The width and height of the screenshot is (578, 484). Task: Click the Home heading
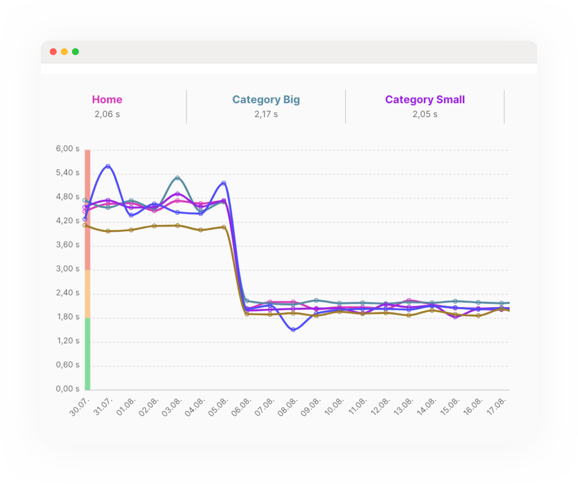pyautogui.click(x=107, y=100)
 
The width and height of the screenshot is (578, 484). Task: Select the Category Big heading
pyautogui.click(x=266, y=100)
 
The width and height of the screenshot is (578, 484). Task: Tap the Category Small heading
pyautogui.click(x=425, y=100)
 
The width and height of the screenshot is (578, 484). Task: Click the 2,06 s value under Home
pyautogui.click(x=107, y=114)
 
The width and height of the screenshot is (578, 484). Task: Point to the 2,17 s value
pyautogui.click(x=266, y=114)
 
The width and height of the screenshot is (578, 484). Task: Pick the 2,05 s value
pyautogui.click(x=425, y=114)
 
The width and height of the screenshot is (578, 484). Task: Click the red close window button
pyautogui.click(x=53, y=52)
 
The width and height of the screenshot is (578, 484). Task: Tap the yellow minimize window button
pyautogui.click(x=64, y=52)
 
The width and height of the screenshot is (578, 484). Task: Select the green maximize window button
pyautogui.click(x=75, y=52)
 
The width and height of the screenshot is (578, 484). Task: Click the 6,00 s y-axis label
pyautogui.click(x=68, y=149)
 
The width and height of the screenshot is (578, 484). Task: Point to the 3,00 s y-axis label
pyautogui.click(x=68, y=269)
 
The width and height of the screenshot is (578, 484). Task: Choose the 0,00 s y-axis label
pyautogui.click(x=68, y=389)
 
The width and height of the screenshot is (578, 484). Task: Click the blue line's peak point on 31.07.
pyautogui.click(x=108, y=166)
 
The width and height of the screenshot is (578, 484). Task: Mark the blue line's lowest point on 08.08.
pyautogui.click(x=293, y=329)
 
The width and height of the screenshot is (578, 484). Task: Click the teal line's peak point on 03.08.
pyautogui.click(x=177, y=178)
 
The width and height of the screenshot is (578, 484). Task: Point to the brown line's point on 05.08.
pyautogui.click(x=224, y=227)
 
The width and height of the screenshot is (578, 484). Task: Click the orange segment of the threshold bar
pyautogui.click(x=88, y=294)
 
